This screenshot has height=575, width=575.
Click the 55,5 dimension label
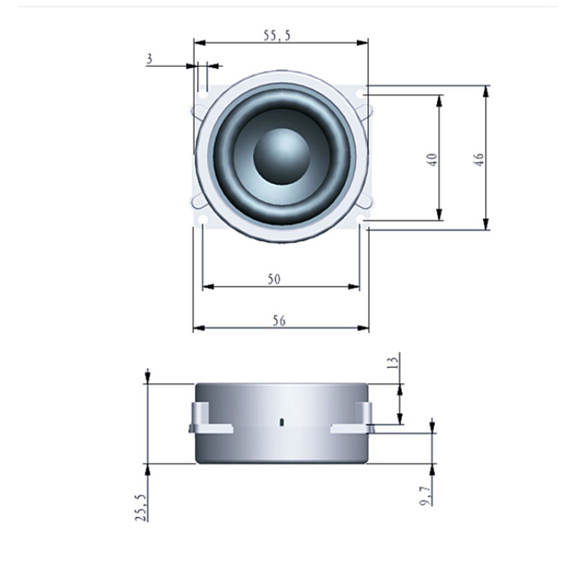(x=277, y=34)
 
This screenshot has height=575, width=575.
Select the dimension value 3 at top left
(x=149, y=59)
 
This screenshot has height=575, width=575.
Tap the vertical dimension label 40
(x=432, y=160)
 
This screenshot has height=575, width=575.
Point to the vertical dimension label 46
(x=479, y=160)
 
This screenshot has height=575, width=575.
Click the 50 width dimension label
(x=274, y=280)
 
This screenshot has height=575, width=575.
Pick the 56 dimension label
(x=279, y=321)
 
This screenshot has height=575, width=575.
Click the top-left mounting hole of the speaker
(x=203, y=94)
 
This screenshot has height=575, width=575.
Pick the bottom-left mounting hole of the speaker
(x=203, y=220)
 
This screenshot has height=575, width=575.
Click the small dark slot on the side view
(x=282, y=421)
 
